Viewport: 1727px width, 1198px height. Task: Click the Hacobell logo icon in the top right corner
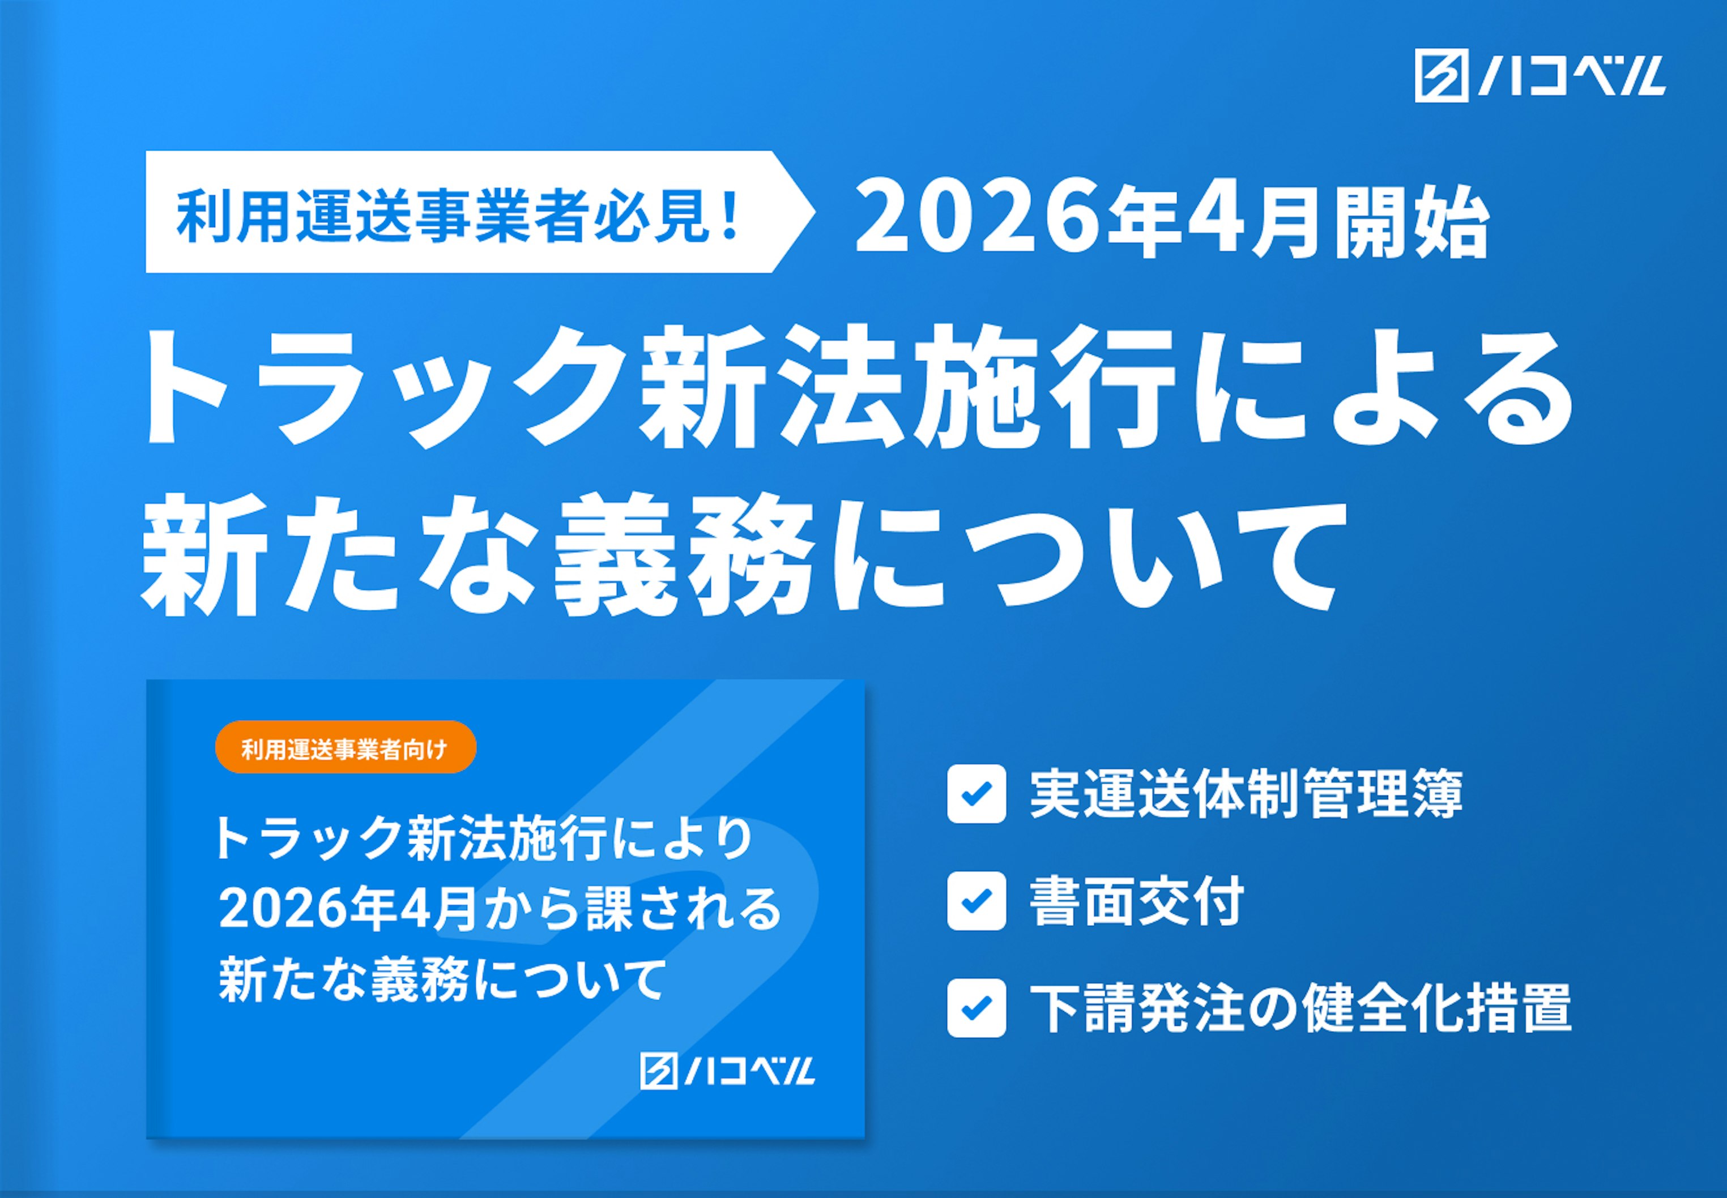tap(1441, 76)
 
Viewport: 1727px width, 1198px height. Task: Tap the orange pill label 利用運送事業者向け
tap(346, 748)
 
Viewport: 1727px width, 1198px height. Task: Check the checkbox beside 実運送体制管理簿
tap(975, 793)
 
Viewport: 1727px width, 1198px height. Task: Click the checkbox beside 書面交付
tap(975, 901)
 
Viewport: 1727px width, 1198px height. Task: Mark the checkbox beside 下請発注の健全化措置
tap(975, 1008)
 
